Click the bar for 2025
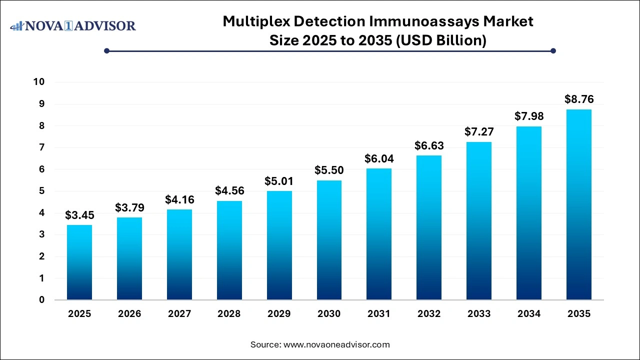[x=79, y=262]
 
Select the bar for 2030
[x=329, y=240]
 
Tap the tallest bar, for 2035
[x=579, y=204]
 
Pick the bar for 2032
[x=429, y=227]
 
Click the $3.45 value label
[x=79, y=215]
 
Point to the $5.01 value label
[x=279, y=181]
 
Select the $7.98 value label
[x=529, y=116]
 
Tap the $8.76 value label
[x=579, y=99]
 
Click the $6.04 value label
[x=379, y=159]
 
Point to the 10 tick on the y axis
[x=39, y=82]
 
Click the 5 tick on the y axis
[x=42, y=191]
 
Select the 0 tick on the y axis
[x=42, y=300]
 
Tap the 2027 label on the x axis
[x=179, y=314]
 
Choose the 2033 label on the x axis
[x=479, y=314]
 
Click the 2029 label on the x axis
[x=279, y=314]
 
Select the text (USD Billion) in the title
[x=441, y=40]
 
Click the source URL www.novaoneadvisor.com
[x=336, y=344]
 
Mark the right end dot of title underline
[x=553, y=50]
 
